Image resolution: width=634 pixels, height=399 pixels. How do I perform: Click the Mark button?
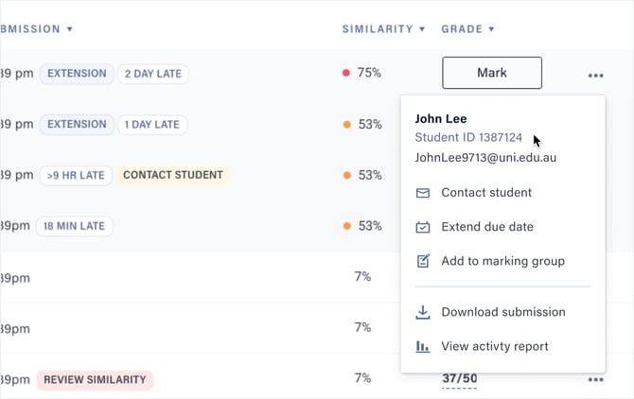[x=491, y=73]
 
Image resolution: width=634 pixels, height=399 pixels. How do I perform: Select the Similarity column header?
[x=383, y=29]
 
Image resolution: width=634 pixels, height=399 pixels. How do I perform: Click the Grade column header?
[x=467, y=29]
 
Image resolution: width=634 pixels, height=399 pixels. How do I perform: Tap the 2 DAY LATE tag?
[x=153, y=73]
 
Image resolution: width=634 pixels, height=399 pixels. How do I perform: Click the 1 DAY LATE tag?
[x=153, y=124]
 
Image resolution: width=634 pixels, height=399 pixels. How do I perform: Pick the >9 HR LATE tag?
[x=76, y=175]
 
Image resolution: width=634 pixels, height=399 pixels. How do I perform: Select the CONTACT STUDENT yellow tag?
[x=173, y=175]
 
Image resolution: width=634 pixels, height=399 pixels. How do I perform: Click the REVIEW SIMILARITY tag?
[x=95, y=380]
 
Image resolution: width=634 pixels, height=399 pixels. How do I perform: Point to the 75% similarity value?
[x=369, y=73]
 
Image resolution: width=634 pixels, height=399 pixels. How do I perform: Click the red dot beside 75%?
[x=346, y=73]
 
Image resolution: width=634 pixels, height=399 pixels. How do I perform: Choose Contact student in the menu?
[x=486, y=193]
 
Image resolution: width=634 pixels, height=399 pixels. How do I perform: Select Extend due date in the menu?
[x=486, y=227]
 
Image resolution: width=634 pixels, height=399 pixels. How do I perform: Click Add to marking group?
[x=502, y=261]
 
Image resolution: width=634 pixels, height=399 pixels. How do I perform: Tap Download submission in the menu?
[x=502, y=312]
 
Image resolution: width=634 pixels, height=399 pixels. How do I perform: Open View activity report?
[x=494, y=346]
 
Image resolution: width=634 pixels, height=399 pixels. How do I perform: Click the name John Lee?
[x=441, y=119]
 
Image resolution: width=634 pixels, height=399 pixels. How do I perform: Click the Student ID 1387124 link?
[x=468, y=138]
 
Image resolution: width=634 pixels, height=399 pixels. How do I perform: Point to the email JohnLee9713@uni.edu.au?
[x=485, y=158]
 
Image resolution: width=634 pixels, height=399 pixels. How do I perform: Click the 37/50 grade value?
[x=459, y=379]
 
